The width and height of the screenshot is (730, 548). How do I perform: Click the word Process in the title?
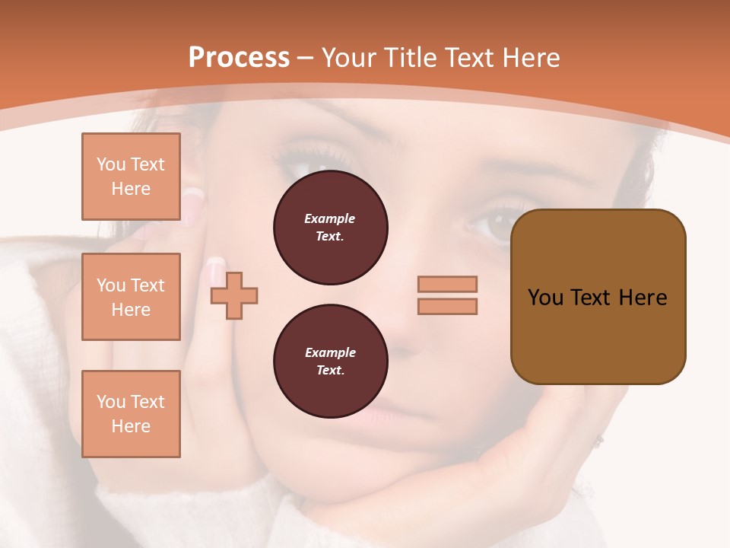pyautogui.click(x=239, y=58)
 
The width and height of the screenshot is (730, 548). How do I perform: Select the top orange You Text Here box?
pyautogui.click(x=131, y=177)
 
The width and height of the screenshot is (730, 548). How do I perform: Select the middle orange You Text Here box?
pyautogui.click(x=131, y=297)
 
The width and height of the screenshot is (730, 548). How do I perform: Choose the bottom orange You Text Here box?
pyautogui.click(x=131, y=414)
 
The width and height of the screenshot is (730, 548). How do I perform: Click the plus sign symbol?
pyautogui.click(x=234, y=295)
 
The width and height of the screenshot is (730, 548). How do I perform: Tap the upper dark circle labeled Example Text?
pyautogui.click(x=330, y=228)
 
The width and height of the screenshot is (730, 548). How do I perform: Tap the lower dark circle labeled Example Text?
pyautogui.click(x=330, y=362)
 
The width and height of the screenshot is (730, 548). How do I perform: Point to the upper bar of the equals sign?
pyautogui.click(x=447, y=284)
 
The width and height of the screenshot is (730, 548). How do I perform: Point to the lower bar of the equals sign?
pyautogui.click(x=447, y=307)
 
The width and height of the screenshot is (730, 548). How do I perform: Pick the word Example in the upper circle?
pyautogui.click(x=330, y=218)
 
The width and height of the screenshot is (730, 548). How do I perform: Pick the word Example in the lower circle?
pyautogui.click(x=330, y=352)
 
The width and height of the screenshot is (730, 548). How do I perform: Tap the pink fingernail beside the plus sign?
pyautogui.click(x=216, y=268)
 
